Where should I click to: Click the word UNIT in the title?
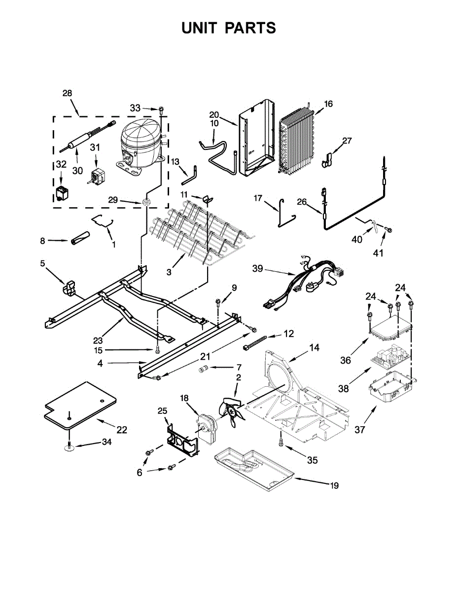point(200,28)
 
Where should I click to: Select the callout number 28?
point(67,93)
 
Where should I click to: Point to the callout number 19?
point(334,486)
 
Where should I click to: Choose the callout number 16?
point(328,104)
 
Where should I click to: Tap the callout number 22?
point(121,430)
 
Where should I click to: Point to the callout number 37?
point(360,430)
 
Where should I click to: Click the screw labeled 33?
point(161,110)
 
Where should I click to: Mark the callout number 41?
point(378,254)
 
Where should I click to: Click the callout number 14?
point(314,348)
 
